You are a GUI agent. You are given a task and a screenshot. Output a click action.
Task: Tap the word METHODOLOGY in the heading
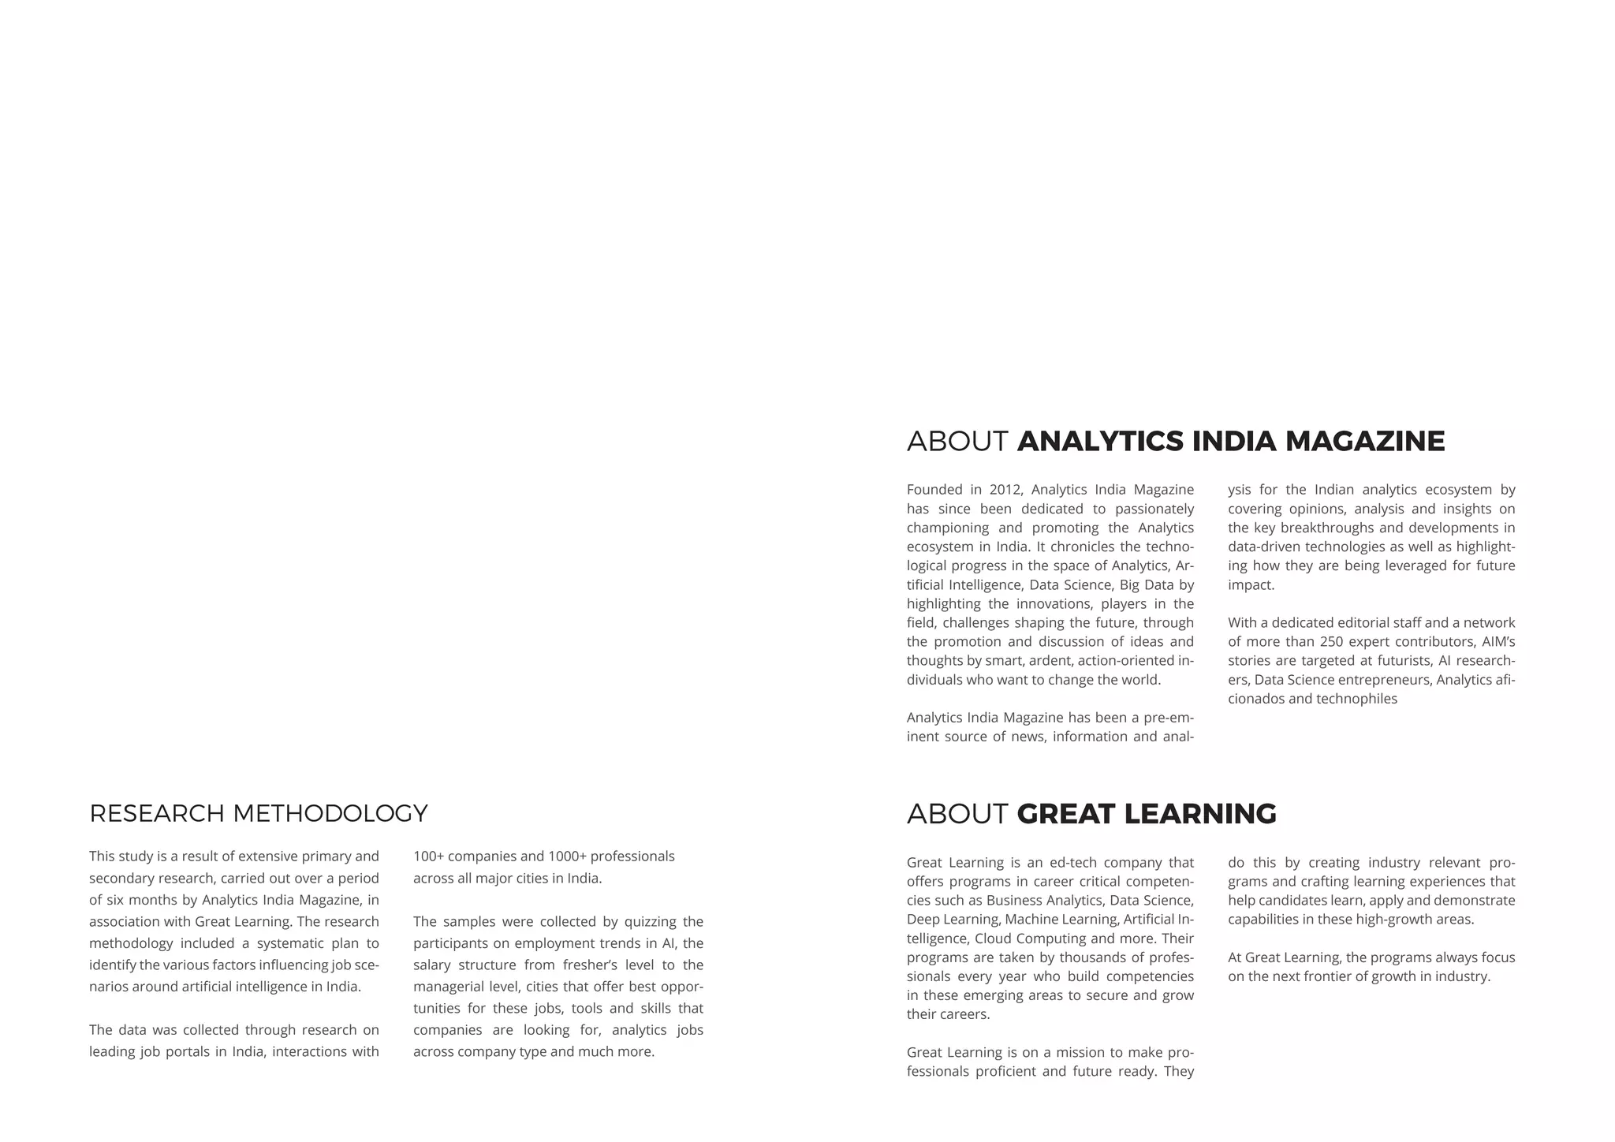330,813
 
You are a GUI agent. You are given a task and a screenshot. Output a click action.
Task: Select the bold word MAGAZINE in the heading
1365,441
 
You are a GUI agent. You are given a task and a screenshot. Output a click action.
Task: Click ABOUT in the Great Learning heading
957,814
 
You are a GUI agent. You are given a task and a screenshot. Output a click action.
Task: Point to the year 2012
1005,490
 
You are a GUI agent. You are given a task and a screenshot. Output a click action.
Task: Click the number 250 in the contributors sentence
1334,642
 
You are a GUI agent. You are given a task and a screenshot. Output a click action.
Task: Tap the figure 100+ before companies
428,856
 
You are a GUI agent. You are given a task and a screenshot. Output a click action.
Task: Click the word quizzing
649,922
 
